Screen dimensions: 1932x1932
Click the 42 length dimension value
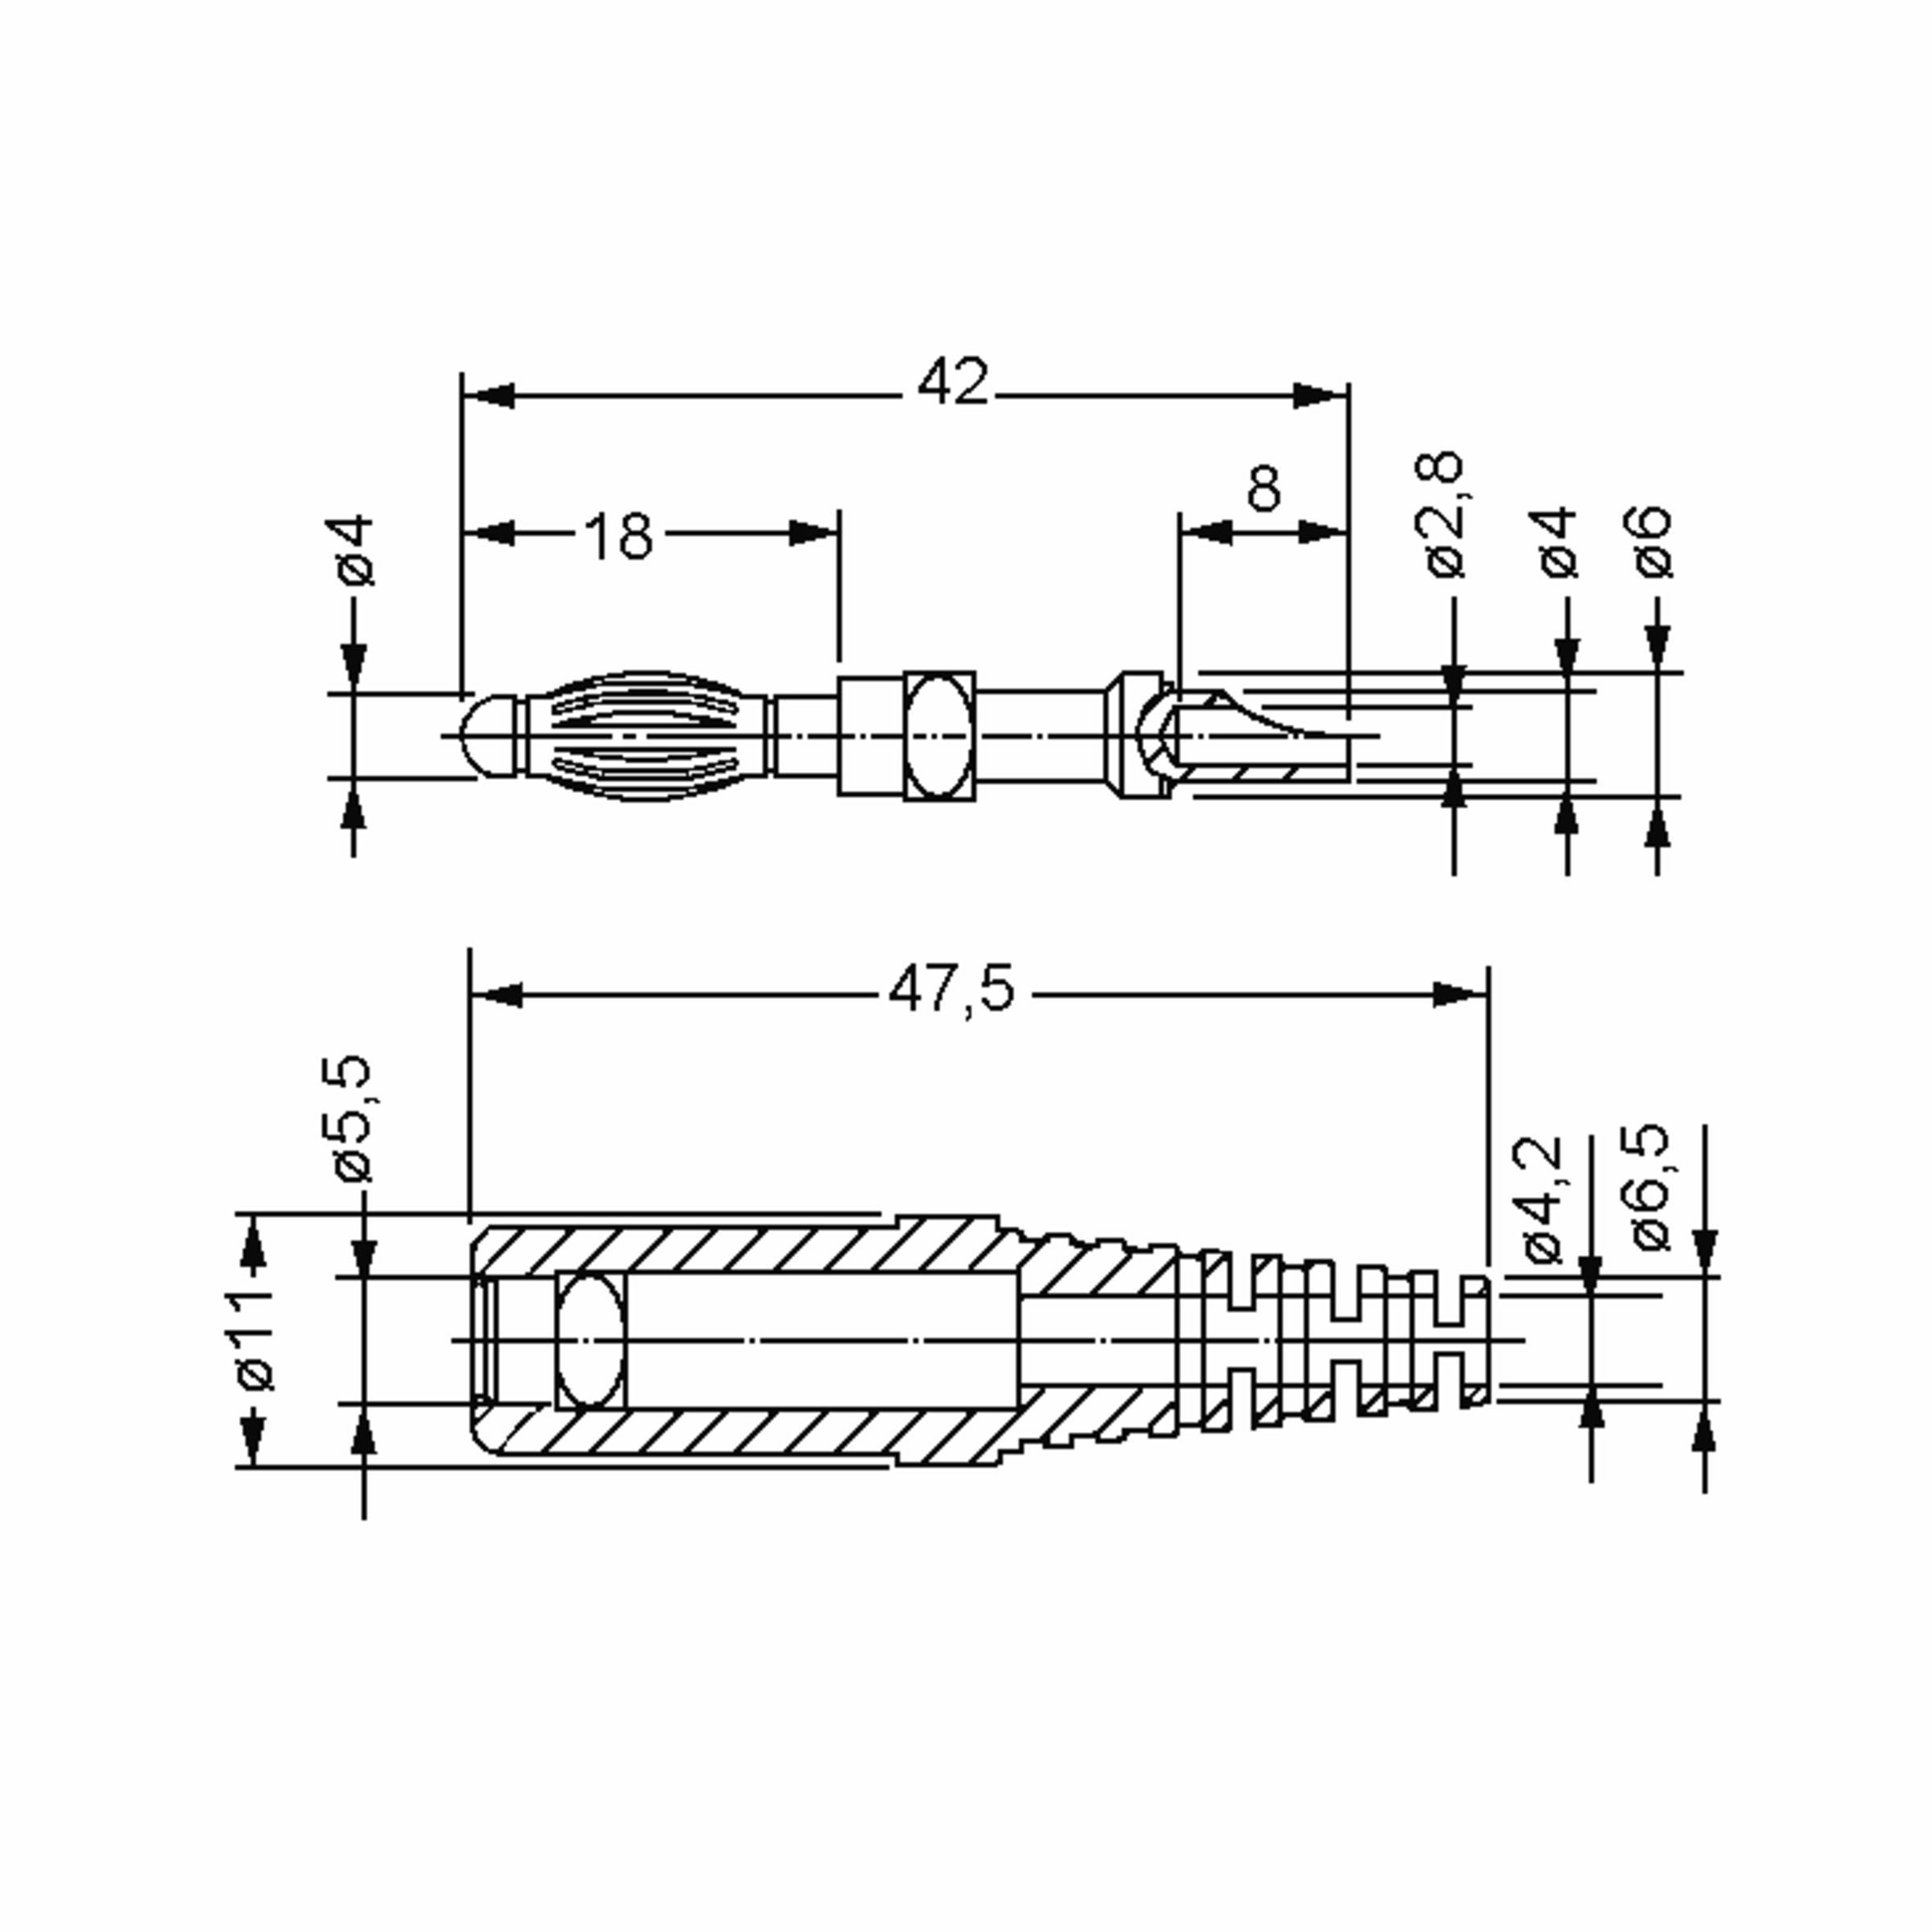[x=953, y=383]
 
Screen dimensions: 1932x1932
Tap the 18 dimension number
[x=619, y=537]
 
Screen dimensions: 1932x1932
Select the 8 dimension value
[x=1264, y=489]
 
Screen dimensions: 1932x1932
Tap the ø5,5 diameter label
[x=351, y=1118]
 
